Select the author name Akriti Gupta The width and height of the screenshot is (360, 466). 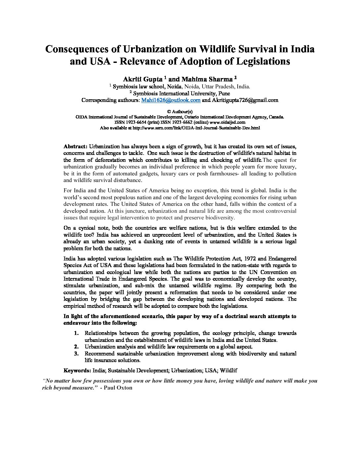click(142, 79)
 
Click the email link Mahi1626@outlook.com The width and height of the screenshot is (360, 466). click(171, 100)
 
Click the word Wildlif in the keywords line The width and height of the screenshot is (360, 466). click(229, 371)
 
